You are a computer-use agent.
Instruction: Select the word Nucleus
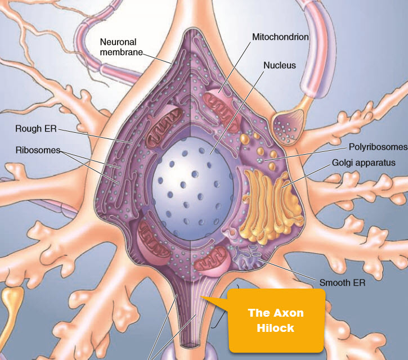point(279,65)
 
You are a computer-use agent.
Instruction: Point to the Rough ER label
point(36,129)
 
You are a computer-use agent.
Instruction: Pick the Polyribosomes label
point(377,147)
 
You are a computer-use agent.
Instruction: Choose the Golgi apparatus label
point(364,163)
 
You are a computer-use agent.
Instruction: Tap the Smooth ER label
point(342,282)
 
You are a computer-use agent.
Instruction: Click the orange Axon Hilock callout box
point(276,319)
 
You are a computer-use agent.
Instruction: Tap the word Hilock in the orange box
point(276,328)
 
